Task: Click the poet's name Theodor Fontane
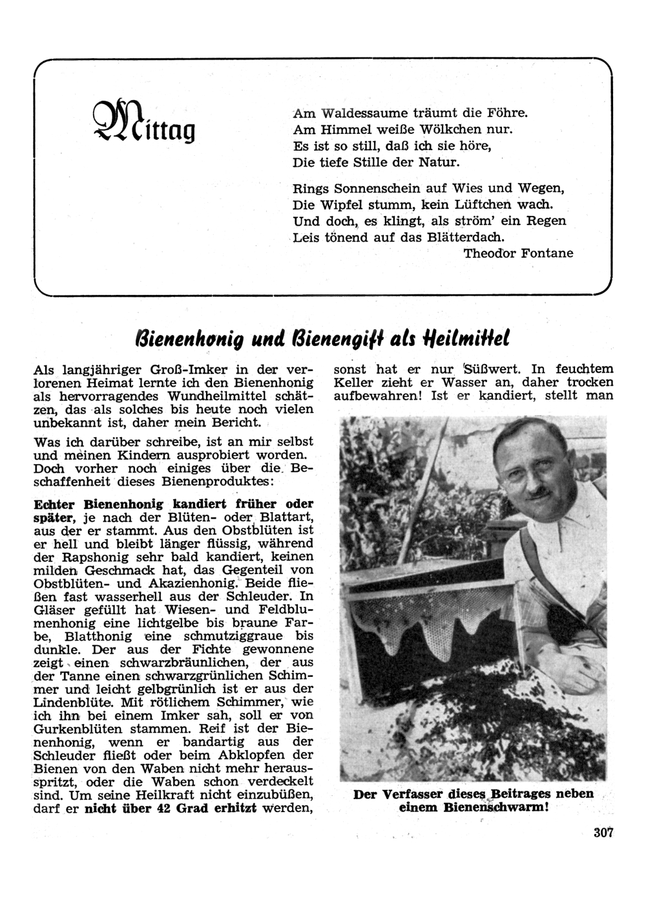[x=518, y=253]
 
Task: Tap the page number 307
[x=603, y=833]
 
